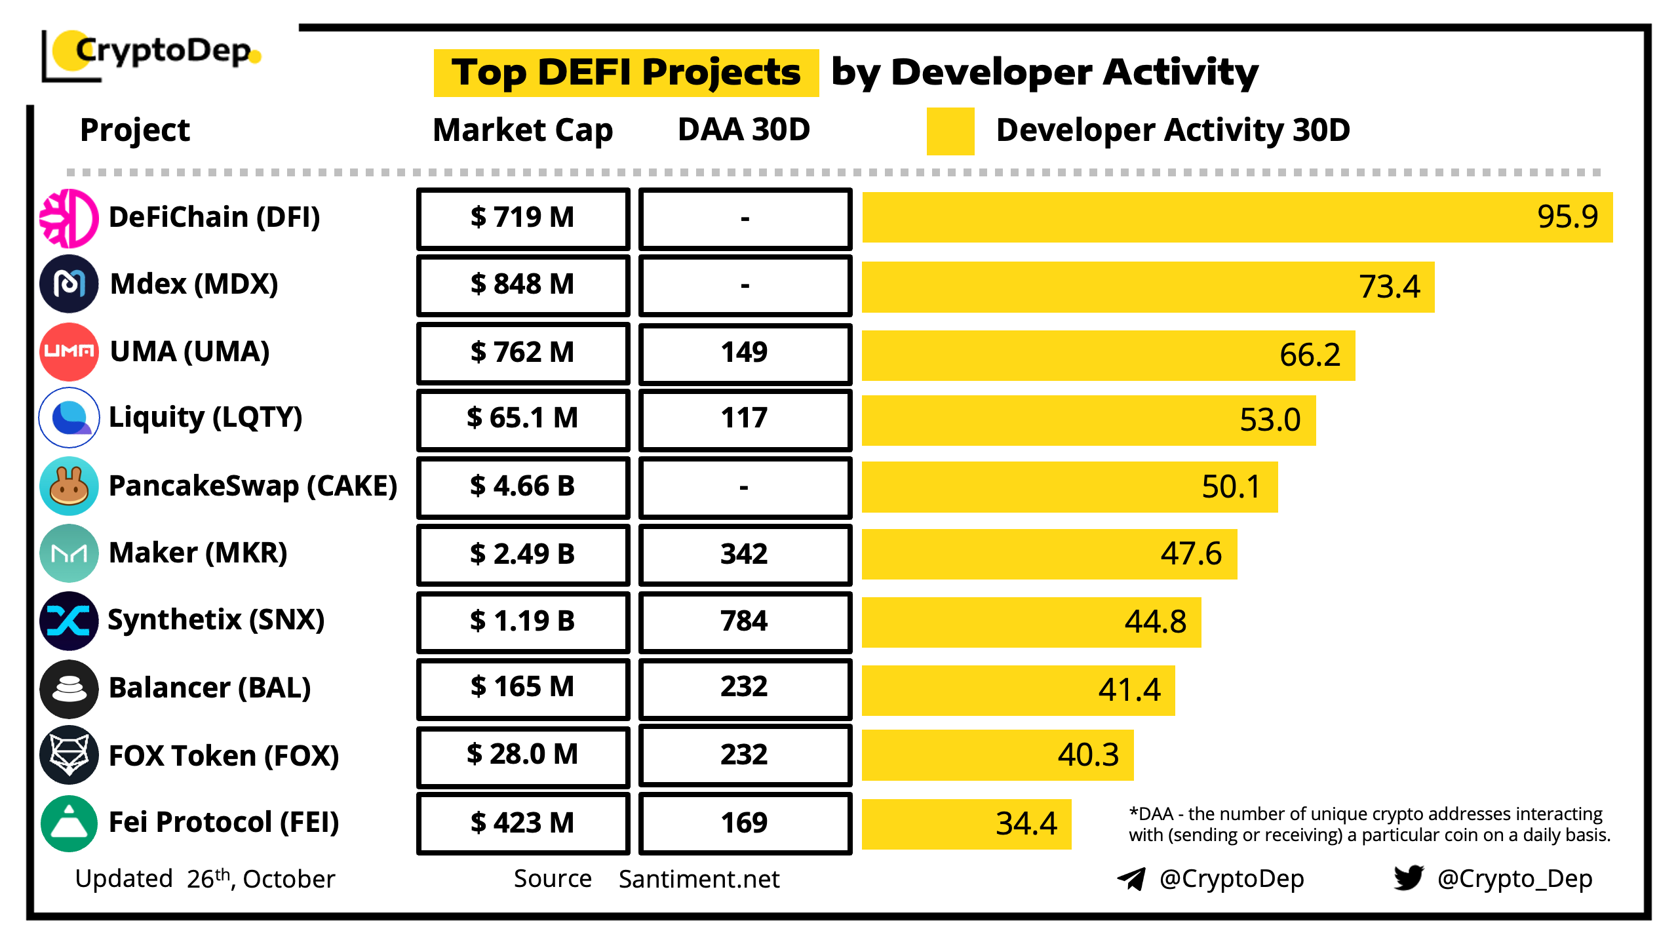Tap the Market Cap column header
pos(522,130)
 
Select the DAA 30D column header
pos(744,130)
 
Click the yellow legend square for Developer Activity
pos(950,131)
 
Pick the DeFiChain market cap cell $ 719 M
pos(522,218)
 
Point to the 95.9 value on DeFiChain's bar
pos(1567,217)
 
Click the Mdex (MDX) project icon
pos(69,284)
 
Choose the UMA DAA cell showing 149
pos(745,353)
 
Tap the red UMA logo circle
pos(69,351)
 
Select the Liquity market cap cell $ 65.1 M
pos(522,419)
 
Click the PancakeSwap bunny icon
pos(69,486)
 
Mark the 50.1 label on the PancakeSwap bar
pos(1230,487)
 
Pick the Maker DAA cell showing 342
pos(745,555)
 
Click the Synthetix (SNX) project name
pos(216,620)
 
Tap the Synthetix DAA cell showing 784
pos(745,621)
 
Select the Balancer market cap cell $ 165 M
pos(522,688)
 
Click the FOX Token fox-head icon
pos(69,755)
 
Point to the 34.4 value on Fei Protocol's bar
pos(1026,824)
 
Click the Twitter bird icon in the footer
pos(1409,878)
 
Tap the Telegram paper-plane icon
pos(1131,878)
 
